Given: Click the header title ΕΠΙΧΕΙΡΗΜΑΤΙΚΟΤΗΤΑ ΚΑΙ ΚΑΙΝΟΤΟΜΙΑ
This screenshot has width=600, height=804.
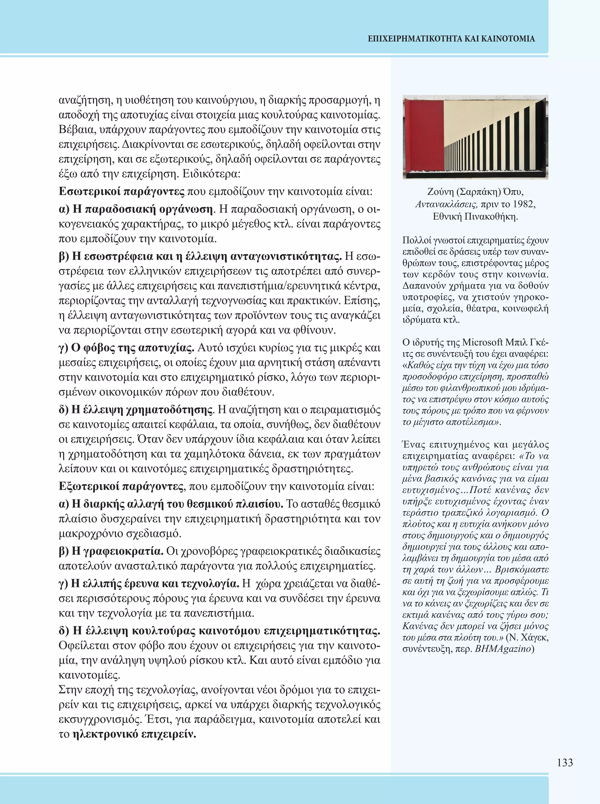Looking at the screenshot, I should [451, 39].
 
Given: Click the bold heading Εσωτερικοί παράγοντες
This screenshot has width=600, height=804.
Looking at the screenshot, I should [122, 192].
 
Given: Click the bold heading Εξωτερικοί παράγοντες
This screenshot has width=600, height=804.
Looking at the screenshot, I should [121, 486].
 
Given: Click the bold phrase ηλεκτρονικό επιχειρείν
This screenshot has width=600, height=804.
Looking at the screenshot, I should [134, 734].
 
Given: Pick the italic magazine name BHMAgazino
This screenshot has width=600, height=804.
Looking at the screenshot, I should [503, 649].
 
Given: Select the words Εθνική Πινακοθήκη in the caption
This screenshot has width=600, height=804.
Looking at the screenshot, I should [475, 217].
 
